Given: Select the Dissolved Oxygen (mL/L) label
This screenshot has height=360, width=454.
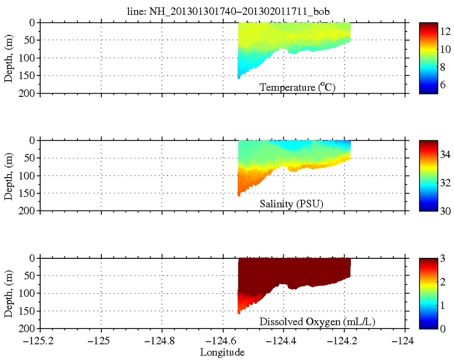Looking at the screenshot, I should pos(317,322).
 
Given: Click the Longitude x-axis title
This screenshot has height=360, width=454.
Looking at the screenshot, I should pos(222,353).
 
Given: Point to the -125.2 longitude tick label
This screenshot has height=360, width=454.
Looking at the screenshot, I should pos(40,342).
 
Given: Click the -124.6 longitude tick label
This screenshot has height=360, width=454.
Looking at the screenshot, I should pos(223,342).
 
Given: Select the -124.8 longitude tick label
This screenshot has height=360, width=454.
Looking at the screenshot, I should pos(162,342).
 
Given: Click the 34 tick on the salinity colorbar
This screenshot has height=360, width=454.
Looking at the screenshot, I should pos(444,155).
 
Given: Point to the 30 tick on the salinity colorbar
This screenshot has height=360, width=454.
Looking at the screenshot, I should pos(444,211).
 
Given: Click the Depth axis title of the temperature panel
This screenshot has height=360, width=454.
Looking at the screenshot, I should pos(9,58).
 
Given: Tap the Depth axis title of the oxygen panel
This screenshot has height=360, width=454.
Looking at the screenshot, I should pos(9,294).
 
